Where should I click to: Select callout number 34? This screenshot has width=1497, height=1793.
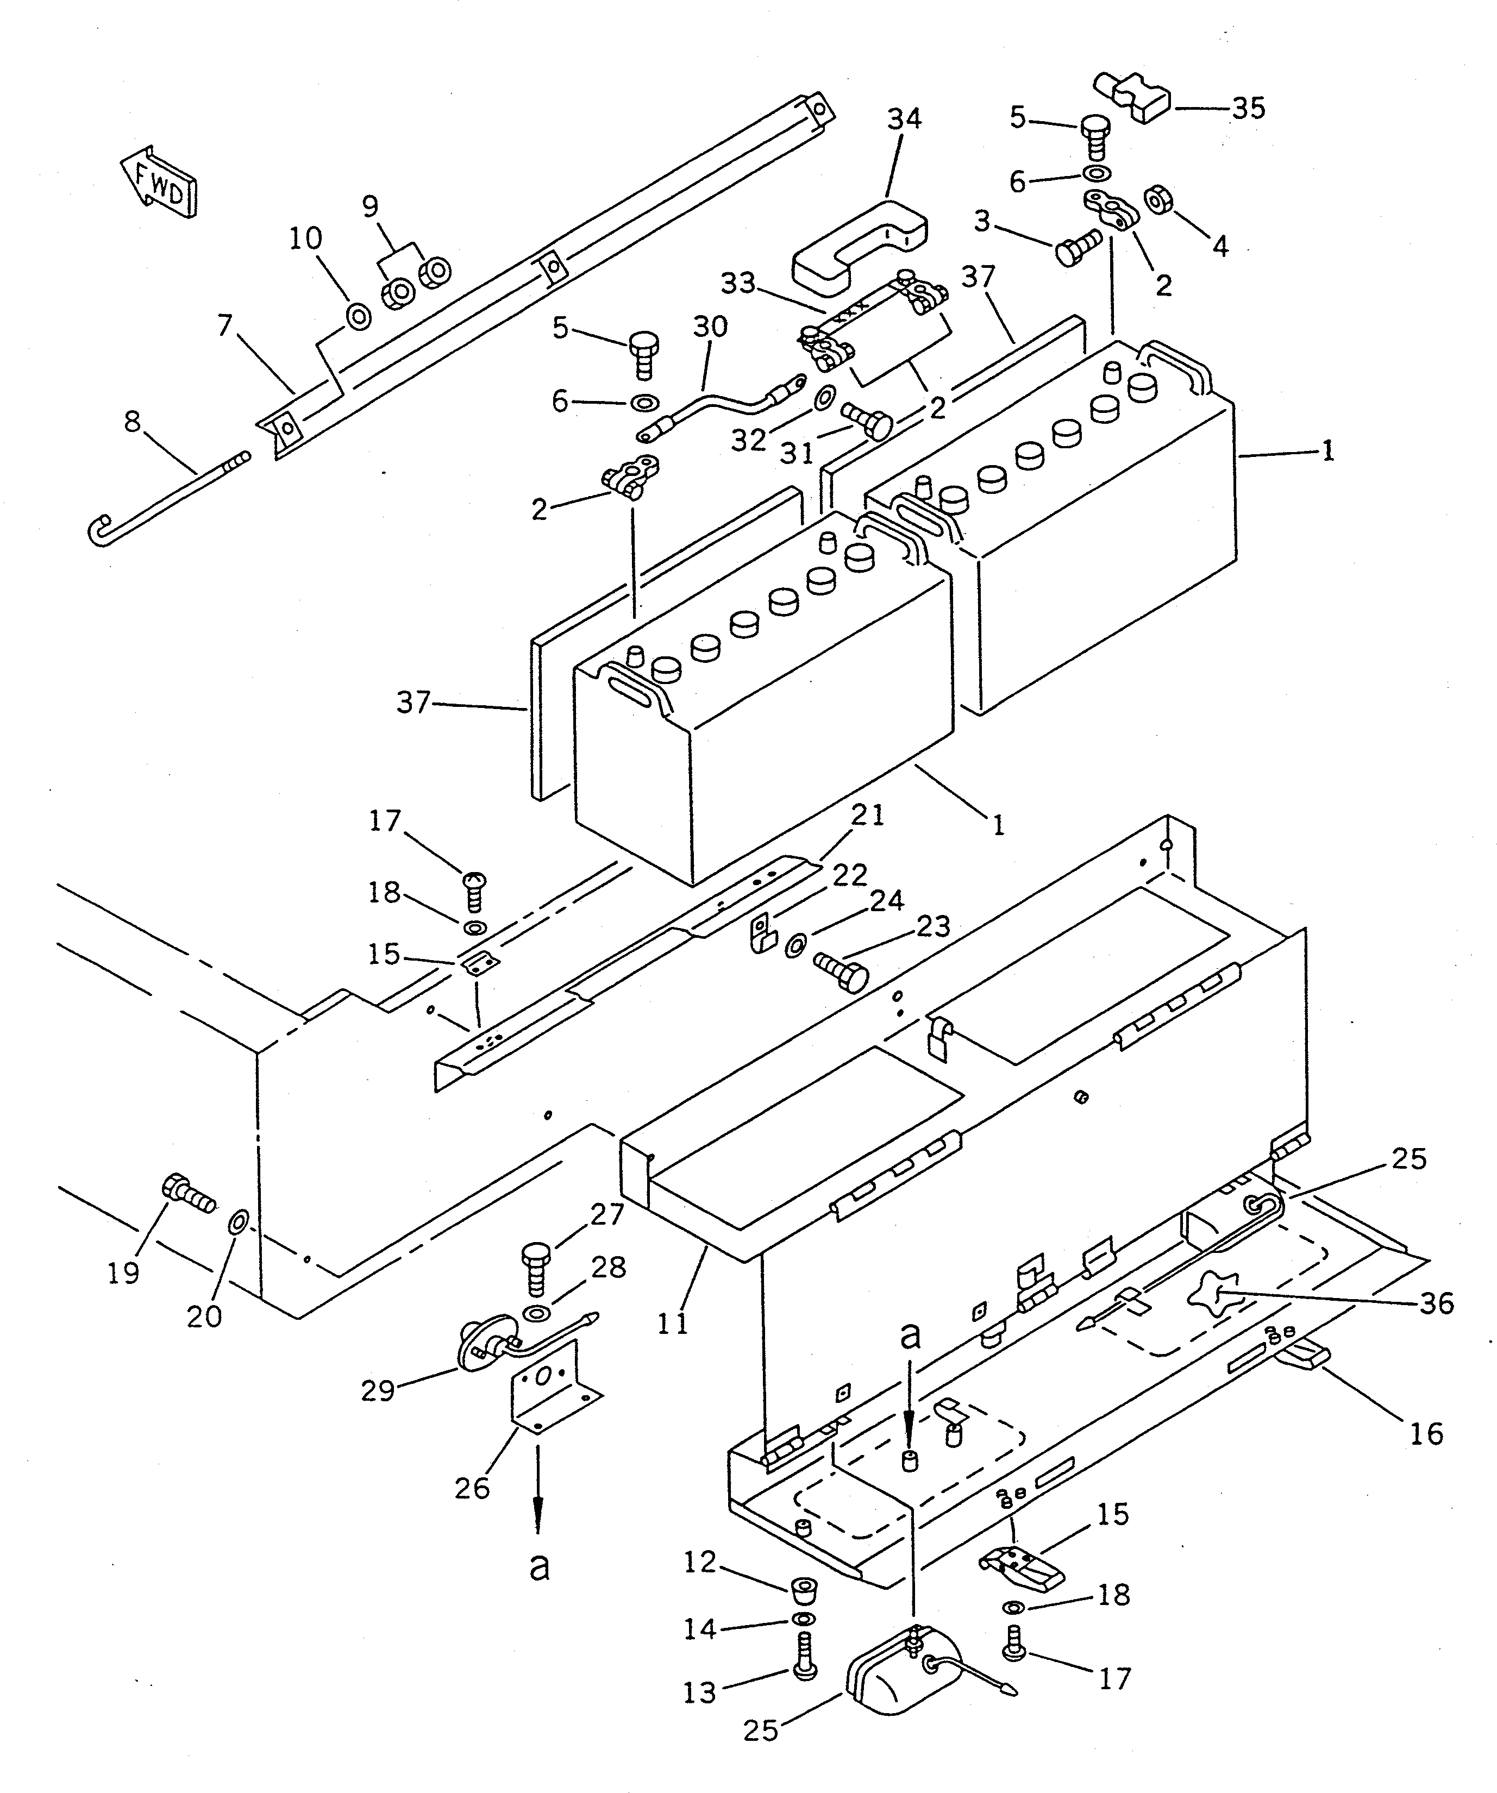pos(904,118)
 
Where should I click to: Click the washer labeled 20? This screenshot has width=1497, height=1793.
pos(238,1222)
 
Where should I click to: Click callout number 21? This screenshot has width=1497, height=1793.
pos(868,816)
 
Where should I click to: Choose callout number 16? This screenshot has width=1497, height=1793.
pos(1426,1433)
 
